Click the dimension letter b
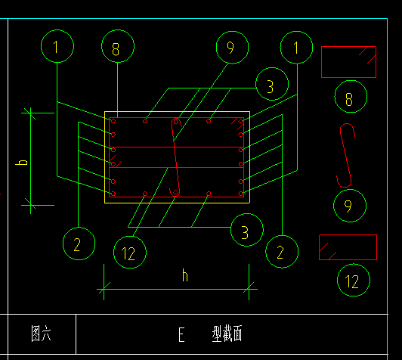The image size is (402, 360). (x=21, y=163)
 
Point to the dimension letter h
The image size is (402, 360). (x=185, y=275)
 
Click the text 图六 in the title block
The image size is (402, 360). (x=41, y=334)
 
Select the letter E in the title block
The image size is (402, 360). (x=181, y=334)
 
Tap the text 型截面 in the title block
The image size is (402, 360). (x=227, y=334)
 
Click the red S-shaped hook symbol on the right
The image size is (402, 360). (x=345, y=154)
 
